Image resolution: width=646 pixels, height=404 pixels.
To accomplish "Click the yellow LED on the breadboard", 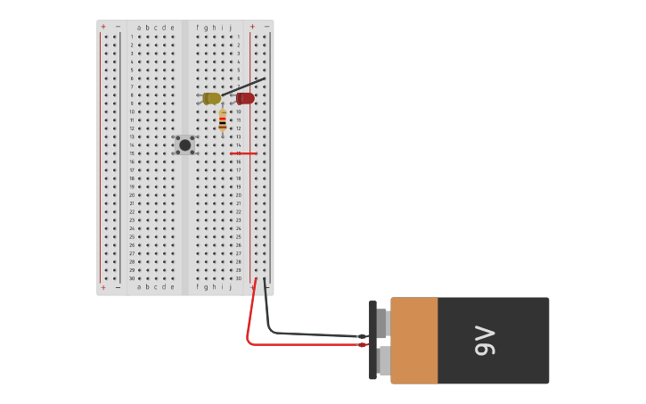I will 211,98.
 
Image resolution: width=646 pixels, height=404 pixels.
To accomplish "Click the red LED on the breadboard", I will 245,98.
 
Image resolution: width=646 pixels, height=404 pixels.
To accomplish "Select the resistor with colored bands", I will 222,120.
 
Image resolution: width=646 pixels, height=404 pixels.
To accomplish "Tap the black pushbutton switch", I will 184,144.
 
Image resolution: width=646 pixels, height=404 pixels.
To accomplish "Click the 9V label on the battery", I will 485,341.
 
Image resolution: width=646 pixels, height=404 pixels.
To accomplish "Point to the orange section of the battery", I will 414,341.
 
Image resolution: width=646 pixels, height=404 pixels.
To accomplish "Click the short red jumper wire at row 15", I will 243,153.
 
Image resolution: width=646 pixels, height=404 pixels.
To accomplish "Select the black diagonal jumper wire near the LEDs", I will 245,87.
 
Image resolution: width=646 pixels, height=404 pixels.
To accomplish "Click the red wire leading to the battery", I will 267,343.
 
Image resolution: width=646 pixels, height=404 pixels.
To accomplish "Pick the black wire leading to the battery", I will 303,334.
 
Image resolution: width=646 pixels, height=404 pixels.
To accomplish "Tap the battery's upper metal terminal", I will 382,323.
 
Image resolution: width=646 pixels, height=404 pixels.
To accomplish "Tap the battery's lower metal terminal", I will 382,360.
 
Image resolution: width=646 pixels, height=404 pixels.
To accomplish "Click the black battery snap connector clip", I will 372,340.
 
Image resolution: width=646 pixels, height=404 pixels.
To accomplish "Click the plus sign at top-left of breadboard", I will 102,27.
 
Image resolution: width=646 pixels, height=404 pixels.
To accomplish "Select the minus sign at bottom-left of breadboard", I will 118,287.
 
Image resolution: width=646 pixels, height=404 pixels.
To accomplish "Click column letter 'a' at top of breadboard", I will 139,28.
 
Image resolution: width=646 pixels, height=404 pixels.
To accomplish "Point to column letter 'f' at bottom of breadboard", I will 197,287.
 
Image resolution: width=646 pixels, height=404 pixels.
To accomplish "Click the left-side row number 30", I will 132,278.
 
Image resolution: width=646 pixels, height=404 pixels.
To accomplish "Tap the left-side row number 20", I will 132,194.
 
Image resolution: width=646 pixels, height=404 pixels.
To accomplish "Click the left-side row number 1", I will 132,37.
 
